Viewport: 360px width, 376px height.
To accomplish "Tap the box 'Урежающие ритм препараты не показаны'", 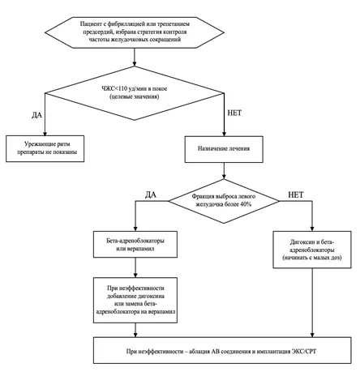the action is [x=45, y=148].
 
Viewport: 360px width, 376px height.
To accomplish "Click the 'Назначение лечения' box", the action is [x=224, y=149].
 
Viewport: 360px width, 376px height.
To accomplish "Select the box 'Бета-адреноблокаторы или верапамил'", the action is [x=135, y=244].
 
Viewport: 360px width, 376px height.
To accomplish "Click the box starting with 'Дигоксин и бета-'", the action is [x=312, y=250].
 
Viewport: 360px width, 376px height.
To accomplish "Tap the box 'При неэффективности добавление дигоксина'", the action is [x=135, y=300].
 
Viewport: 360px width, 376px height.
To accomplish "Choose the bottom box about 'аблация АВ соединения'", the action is [x=222, y=350].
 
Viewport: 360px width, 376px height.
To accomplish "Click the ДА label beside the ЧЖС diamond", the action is [x=37, y=115].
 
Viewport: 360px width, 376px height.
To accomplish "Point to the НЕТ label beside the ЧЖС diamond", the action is [x=234, y=113].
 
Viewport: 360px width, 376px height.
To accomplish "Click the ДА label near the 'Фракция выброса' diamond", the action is [x=151, y=194].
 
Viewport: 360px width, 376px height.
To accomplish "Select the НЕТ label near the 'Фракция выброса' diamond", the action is [x=296, y=194].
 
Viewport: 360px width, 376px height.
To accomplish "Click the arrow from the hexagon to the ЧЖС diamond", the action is [x=135, y=58].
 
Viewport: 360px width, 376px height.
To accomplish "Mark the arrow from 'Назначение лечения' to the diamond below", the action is [x=224, y=171].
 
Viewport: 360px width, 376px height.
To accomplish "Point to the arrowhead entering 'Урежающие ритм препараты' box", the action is [x=45, y=134].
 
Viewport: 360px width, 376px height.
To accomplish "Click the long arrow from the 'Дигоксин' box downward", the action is [x=312, y=302].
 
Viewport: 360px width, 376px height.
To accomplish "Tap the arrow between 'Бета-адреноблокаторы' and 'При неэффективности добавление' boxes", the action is [x=135, y=267].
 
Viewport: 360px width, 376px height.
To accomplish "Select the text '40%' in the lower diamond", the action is [x=246, y=204].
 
